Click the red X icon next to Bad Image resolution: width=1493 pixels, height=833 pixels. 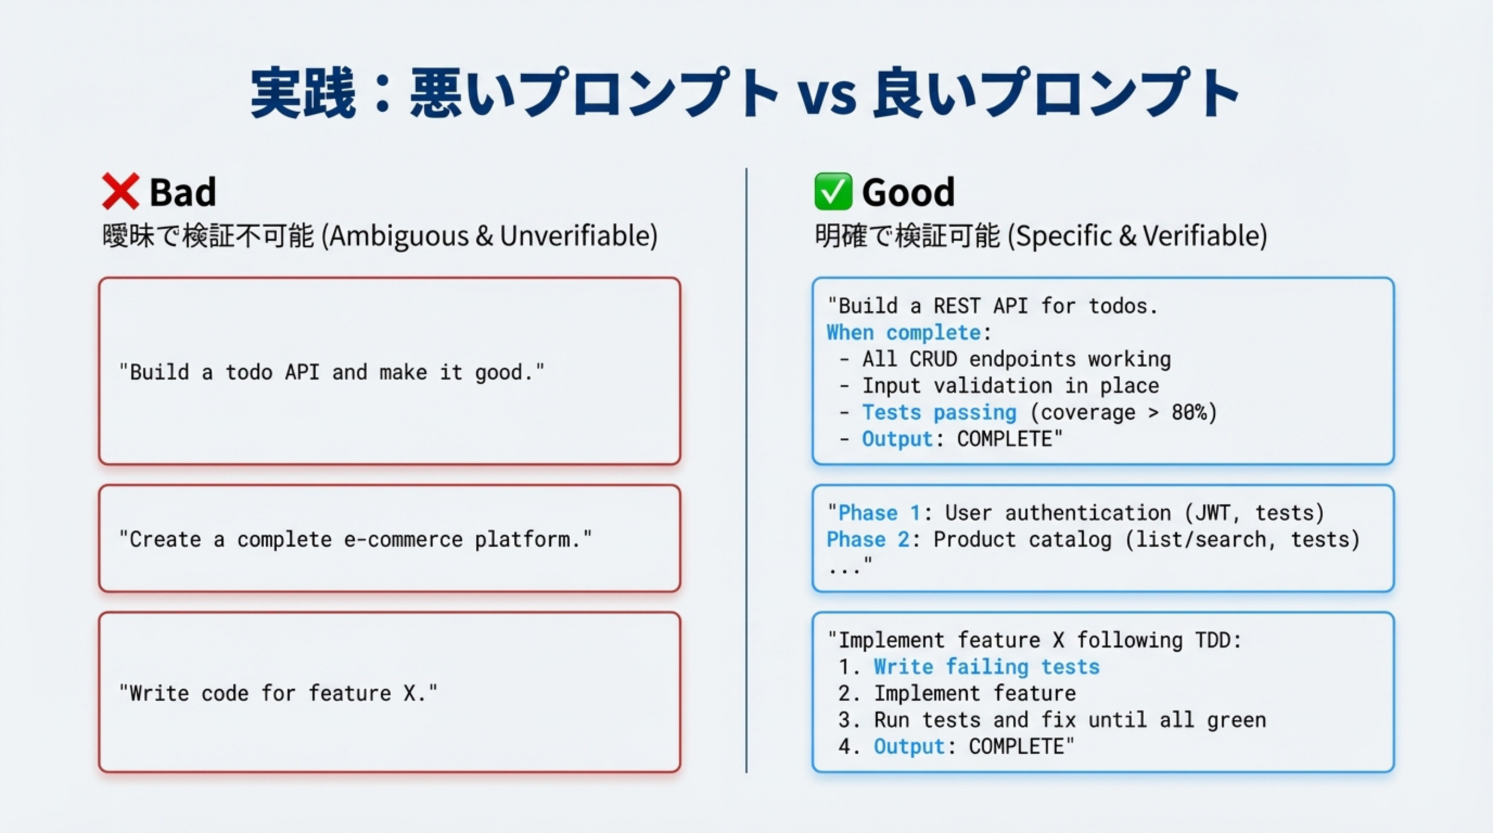[x=120, y=191]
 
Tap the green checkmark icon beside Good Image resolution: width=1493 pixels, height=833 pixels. [x=833, y=191]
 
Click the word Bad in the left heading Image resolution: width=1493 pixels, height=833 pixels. [x=183, y=193]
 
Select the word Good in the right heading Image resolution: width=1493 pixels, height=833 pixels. [x=908, y=193]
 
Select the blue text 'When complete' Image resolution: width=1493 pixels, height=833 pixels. [x=903, y=332]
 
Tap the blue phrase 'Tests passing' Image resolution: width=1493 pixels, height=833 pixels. [x=939, y=413]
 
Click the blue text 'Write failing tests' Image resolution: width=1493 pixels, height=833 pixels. [x=986, y=667]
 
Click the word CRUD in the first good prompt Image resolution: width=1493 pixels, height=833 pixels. [x=933, y=359]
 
